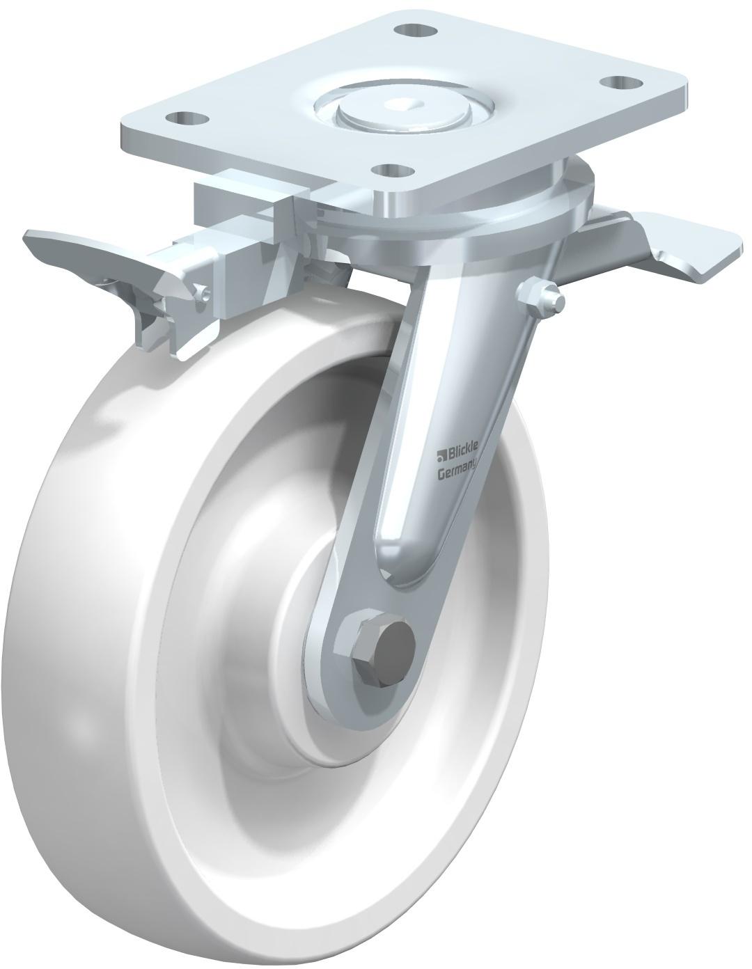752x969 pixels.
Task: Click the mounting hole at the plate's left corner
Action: [x=187, y=119]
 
